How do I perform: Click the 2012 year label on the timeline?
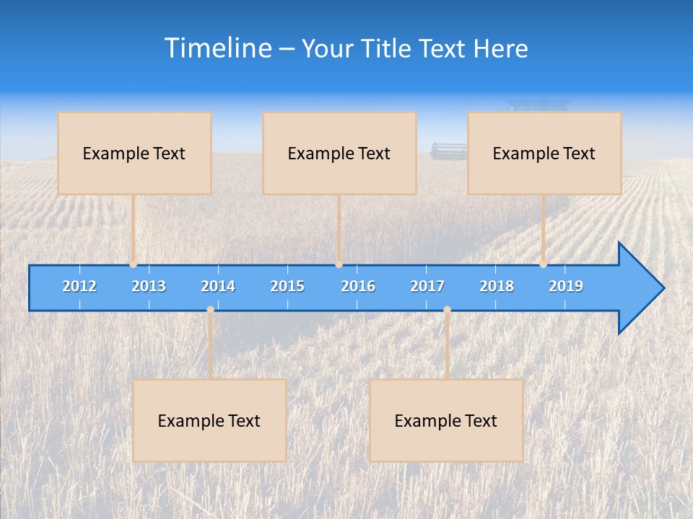pyautogui.click(x=79, y=286)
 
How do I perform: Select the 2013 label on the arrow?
pyautogui.click(x=149, y=286)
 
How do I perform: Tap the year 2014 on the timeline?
pyautogui.click(x=218, y=286)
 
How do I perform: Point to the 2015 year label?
pyautogui.click(x=287, y=286)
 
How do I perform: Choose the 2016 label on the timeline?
pyautogui.click(x=358, y=286)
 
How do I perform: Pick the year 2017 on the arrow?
pyautogui.click(x=427, y=286)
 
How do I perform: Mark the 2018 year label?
pyautogui.click(x=497, y=286)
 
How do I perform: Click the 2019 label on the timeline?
pyautogui.click(x=566, y=286)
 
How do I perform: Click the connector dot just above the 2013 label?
pyautogui.click(x=134, y=265)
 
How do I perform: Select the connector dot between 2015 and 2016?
pyautogui.click(x=339, y=265)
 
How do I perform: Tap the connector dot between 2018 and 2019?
pyautogui.click(x=544, y=265)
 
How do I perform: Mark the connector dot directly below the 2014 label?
pyautogui.click(x=210, y=310)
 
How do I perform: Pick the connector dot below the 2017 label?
pyautogui.click(x=447, y=310)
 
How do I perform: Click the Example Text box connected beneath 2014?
pyautogui.click(x=209, y=421)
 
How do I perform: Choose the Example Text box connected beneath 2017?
pyautogui.click(x=446, y=421)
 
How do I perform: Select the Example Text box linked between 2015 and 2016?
pyautogui.click(x=339, y=154)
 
